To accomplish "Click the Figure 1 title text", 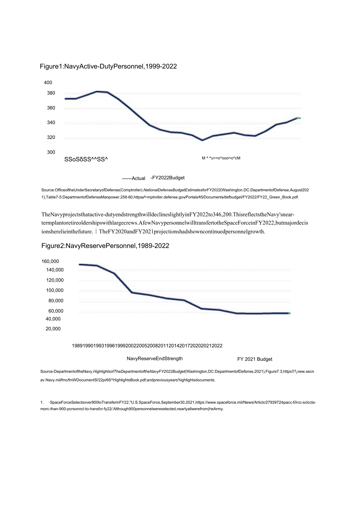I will coord(108,67).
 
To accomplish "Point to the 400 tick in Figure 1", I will coord(48,83).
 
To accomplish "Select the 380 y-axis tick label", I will coord(51,93).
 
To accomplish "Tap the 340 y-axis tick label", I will coord(51,122).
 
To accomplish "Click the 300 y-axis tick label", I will coord(51,152).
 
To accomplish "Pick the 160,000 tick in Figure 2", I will coord(50,261).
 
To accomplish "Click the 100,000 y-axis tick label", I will coord(54,290).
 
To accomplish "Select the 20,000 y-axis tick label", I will coord(53,329).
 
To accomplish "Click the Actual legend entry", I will coord(134,178).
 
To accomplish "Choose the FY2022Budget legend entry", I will coord(168,178).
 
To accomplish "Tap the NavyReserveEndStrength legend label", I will coord(155,358).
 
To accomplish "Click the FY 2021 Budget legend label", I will coord(255,359).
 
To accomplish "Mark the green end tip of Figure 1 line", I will coord(299,118).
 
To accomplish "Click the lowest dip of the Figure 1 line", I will coord(202,140).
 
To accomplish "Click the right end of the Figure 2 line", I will coord(289,313).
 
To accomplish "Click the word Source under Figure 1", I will coord(47,190).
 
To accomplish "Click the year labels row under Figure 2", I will coord(147,345).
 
